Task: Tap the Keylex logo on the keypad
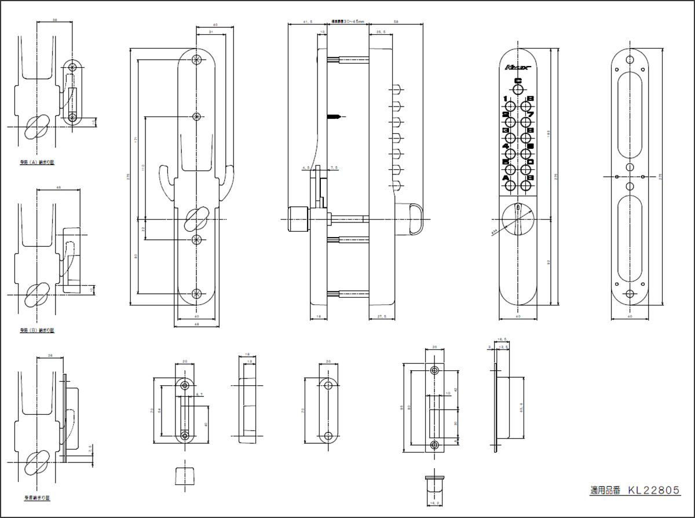(518, 68)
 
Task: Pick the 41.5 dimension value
(308, 21)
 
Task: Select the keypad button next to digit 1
(508, 107)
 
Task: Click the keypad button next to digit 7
(526, 122)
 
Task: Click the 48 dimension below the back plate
(197, 326)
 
